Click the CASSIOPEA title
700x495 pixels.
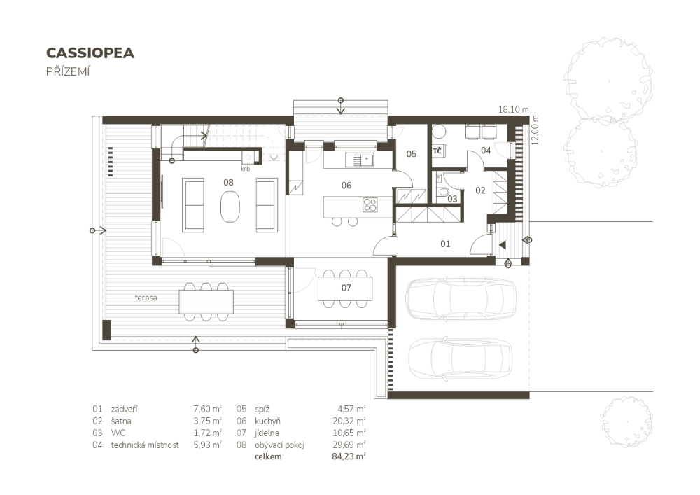90,53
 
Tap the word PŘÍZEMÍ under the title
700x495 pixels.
68,71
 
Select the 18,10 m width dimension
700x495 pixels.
513,109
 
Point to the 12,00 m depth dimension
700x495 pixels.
535,130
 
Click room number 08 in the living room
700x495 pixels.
228,182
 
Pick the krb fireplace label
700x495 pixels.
246,169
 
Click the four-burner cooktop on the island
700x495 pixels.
370,204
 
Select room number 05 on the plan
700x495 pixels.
411,154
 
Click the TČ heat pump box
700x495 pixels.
438,151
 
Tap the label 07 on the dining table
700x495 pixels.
346,288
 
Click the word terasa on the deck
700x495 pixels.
146,298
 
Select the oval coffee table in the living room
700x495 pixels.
230,206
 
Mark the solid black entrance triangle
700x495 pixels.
502,244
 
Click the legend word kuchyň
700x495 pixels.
268,421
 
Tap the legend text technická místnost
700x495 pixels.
145,445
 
